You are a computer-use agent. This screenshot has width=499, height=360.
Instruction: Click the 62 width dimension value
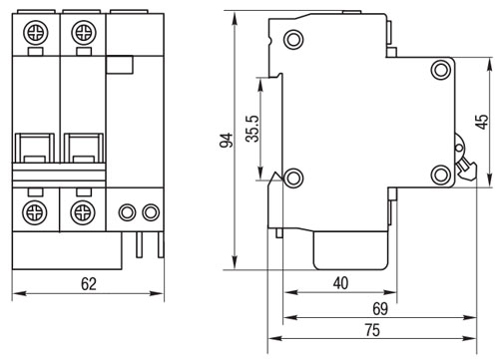tap(89, 284)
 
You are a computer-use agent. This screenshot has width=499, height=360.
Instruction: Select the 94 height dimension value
tap(227, 140)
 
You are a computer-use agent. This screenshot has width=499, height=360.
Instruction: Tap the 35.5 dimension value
tap(252, 129)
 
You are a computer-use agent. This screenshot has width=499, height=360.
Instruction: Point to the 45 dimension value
tap(482, 122)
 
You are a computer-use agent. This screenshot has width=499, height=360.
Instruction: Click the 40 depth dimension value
tap(341, 283)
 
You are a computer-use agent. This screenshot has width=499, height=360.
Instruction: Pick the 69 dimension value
tap(380, 309)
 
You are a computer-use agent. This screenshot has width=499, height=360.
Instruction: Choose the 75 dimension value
tap(372, 330)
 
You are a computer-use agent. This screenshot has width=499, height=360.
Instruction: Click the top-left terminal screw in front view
tap(36, 33)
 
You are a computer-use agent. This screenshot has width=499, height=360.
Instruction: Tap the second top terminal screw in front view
tap(84, 33)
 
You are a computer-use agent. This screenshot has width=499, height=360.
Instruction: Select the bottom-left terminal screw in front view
tap(35, 212)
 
